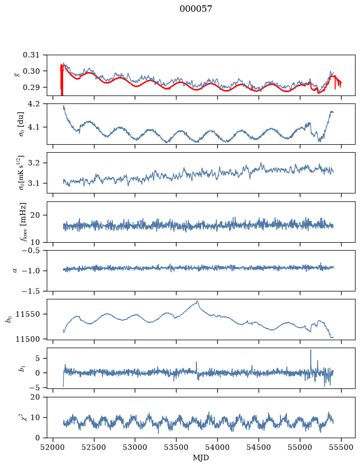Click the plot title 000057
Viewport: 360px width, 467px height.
click(x=195, y=9)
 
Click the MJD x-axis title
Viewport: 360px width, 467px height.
click(x=200, y=458)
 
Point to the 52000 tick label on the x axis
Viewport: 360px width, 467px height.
click(x=53, y=447)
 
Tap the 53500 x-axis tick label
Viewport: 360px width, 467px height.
click(x=177, y=447)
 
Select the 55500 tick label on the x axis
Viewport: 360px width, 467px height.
click(x=341, y=447)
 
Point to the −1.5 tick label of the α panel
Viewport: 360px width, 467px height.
click(x=33, y=291)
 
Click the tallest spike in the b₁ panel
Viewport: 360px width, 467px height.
click(x=311, y=350)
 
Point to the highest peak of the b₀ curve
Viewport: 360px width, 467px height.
click(x=197, y=301)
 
